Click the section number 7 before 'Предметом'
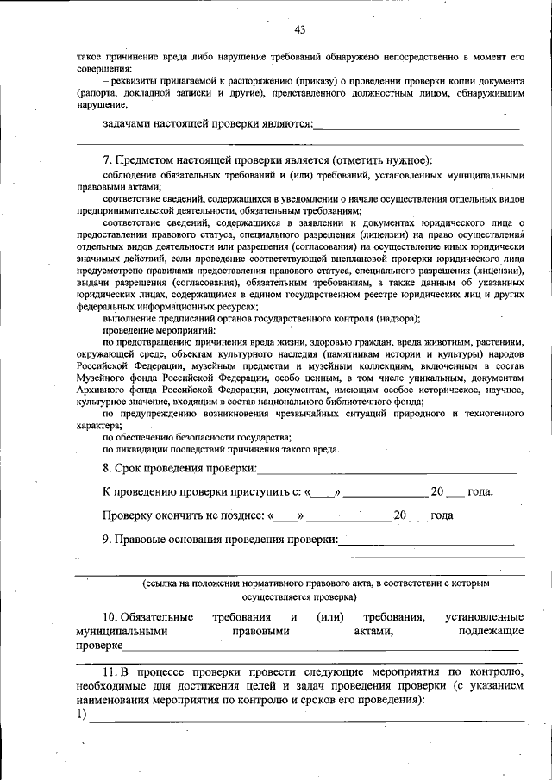point(106,160)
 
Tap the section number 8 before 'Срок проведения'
point(106,468)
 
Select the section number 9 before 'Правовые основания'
point(106,540)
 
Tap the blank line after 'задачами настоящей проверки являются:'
point(417,128)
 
